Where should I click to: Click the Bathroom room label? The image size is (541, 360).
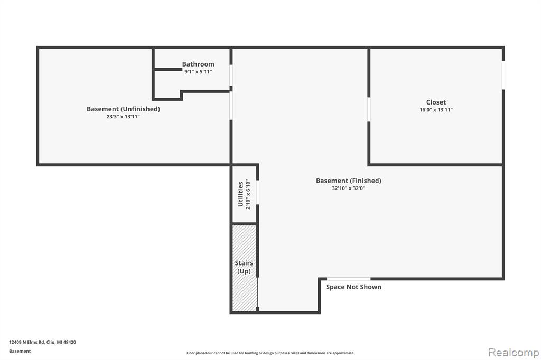pos(198,64)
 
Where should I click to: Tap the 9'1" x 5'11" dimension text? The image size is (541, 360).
pos(198,72)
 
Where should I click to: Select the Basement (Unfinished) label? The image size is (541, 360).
pos(123,109)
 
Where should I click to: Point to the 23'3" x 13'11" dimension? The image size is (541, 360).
pos(123,117)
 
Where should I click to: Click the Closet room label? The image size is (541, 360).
pos(436,102)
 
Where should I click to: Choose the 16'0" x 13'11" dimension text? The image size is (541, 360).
pos(436,110)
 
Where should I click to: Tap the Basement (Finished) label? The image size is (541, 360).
pos(349,181)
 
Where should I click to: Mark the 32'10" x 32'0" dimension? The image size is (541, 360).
pos(349,188)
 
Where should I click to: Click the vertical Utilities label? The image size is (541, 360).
pos(240,194)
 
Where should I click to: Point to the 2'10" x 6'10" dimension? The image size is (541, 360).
pos(248,194)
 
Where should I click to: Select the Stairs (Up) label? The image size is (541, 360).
pos(244,267)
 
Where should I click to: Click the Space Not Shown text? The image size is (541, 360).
pos(353,287)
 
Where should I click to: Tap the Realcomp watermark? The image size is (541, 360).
pos(514,353)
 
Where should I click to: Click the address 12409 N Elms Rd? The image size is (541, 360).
pos(27,342)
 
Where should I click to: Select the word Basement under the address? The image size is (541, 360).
pos(20,351)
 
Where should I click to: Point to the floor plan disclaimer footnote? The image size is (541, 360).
pos(270,353)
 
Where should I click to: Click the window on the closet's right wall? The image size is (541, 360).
pos(503,75)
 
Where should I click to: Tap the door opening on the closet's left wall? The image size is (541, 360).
pos(369,109)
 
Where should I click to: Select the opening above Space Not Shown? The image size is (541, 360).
pos(349,279)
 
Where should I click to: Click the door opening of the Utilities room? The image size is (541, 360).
pos(257,192)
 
